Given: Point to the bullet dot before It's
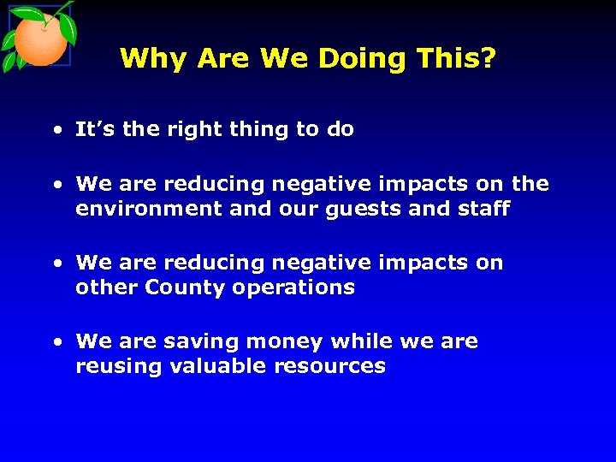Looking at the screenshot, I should pyautogui.click(x=56, y=131).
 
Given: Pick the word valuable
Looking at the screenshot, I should pyautogui.click(x=219, y=366).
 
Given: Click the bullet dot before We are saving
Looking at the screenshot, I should pyautogui.click(x=56, y=342).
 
